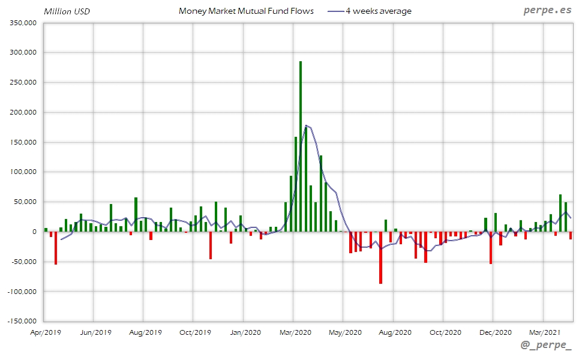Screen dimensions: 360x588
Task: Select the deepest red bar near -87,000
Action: click(380, 257)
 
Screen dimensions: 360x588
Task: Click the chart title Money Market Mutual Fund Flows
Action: click(246, 11)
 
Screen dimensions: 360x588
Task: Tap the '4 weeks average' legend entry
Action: click(379, 11)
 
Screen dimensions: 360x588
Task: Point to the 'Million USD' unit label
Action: click(67, 11)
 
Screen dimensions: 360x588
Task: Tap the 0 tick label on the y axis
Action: click(35, 232)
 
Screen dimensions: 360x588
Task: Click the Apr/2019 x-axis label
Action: click(46, 332)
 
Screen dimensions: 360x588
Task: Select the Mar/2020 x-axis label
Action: click(295, 332)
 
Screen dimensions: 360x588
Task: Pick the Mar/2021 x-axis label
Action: click(544, 332)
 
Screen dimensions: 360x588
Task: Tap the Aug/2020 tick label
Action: click(394, 332)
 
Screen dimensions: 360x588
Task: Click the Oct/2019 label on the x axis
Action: click(195, 332)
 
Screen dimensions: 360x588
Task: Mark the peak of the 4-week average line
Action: click(306, 125)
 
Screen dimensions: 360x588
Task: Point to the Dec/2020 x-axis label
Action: click(494, 332)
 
